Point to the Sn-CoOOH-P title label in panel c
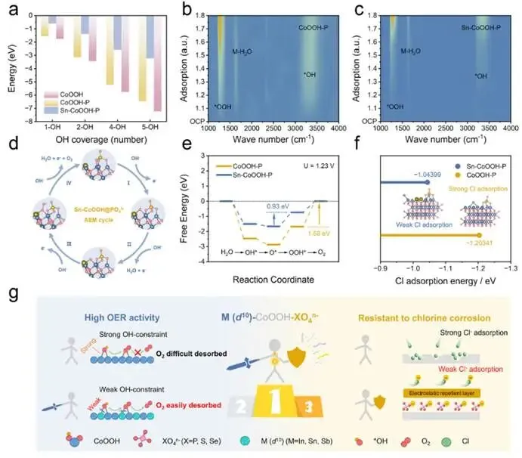tap(483, 27)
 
